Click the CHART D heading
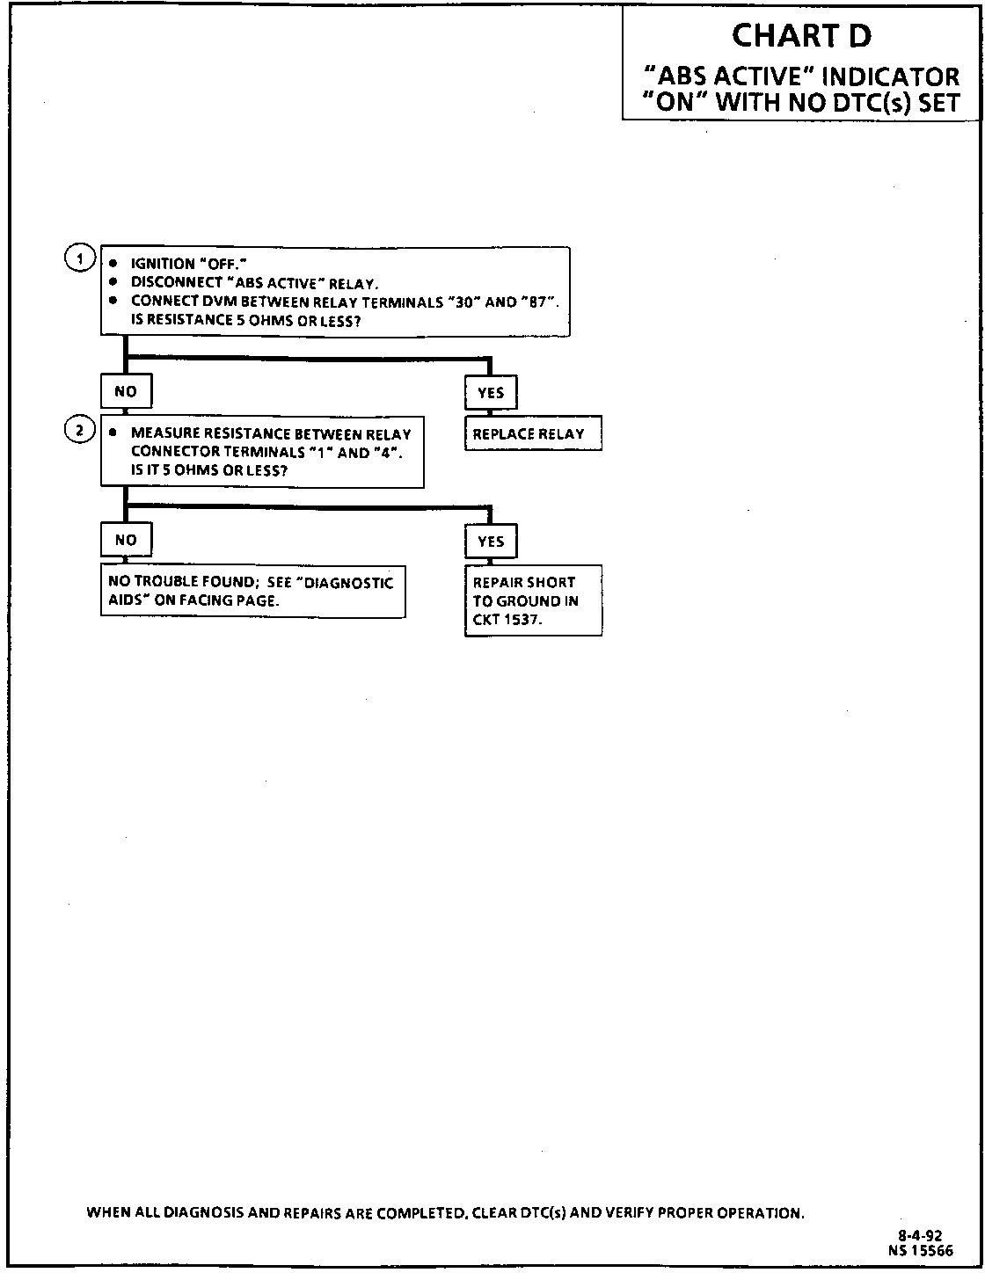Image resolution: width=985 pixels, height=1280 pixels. click(801, 36)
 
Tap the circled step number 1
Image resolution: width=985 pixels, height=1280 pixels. click(79, 258)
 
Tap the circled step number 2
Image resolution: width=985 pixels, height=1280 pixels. click(79, 430)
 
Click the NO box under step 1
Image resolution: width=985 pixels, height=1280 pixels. click(126, 391)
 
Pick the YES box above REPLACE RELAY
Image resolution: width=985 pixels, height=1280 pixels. click(491, 393)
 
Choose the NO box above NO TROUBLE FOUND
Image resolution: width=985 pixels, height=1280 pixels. click(126, 540)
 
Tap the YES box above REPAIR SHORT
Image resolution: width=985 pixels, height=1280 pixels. click(491, 542)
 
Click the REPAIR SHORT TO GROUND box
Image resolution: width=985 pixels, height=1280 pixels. click(533, 600)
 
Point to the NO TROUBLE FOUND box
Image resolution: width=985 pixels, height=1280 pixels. click(252, 591)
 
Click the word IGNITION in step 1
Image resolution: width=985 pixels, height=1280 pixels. click(163, 264)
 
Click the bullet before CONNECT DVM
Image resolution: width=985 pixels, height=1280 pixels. click(113, 301)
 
